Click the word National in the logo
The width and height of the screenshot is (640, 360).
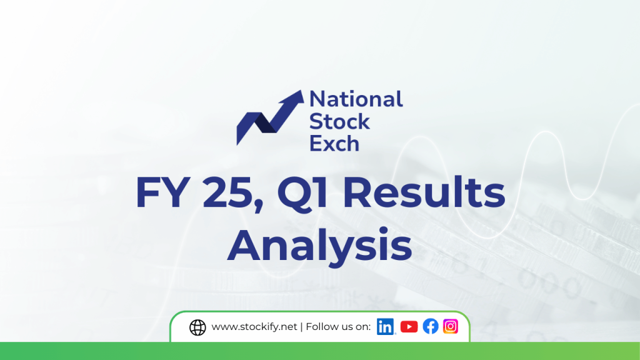tap(356, 99)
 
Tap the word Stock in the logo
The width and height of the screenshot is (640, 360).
tap(339, 122)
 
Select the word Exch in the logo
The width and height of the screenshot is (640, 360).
tap(334, 144)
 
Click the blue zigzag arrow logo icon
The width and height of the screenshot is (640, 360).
tap(270, 117)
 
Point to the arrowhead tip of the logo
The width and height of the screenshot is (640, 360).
tap(302, 91)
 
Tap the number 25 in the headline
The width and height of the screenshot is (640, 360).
tap(227, 192)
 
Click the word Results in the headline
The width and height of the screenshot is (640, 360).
tap(424, 192)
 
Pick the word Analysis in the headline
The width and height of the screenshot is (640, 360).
tap(319, 245)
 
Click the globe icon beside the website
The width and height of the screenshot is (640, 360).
tap(197, 327)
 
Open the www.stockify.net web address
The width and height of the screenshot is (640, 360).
tap(254, 327)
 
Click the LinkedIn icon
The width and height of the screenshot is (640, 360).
tap(385, 326)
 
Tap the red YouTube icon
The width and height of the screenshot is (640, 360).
tap(409, 326)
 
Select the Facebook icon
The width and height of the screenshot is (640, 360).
tap(431, 326)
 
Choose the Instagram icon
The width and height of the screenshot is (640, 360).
tap(451, 326)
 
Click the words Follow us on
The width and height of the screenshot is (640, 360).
tap(338, 326)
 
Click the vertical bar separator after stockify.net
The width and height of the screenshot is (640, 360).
tap(301, 327)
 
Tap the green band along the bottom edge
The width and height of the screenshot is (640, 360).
tap(320, 351)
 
